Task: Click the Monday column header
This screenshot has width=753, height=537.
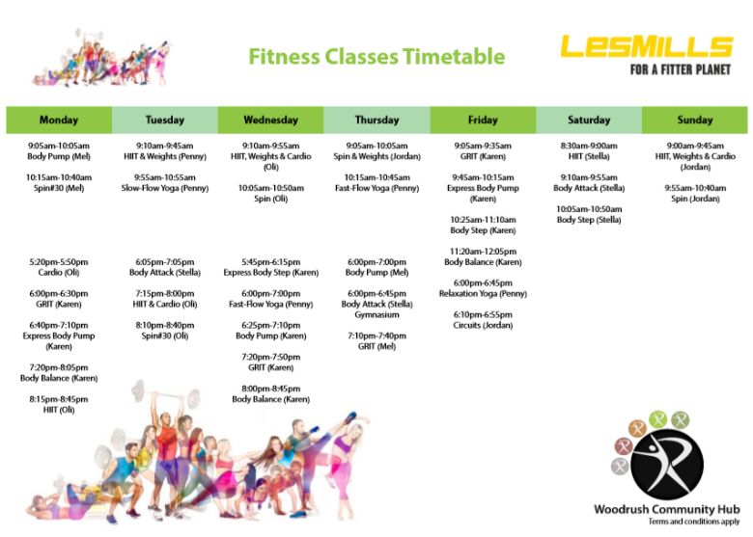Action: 59,120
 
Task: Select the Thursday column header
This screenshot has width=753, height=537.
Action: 376,120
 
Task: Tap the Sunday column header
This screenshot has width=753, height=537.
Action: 695,120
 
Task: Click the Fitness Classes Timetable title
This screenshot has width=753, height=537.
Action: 376,57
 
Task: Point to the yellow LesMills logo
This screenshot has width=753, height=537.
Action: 647,46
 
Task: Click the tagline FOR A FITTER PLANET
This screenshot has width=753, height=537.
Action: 680,70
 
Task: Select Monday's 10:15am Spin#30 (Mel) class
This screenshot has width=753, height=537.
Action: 59,182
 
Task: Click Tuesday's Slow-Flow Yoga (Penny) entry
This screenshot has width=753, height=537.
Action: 165,182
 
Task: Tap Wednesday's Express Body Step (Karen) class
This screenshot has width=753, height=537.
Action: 271,267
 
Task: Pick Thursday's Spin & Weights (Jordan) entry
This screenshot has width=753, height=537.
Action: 376,151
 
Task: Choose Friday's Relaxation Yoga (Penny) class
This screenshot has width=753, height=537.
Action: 483,288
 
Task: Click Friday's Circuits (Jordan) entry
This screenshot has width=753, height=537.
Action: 483,320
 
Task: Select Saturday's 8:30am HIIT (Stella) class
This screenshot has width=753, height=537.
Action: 589,151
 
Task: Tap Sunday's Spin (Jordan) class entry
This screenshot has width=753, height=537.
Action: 695,193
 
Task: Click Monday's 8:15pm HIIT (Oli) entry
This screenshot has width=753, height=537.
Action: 59,404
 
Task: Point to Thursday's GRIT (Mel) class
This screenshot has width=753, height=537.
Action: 376,341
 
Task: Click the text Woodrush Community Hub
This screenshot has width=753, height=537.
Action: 667,509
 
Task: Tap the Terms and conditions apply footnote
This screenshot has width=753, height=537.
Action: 694,522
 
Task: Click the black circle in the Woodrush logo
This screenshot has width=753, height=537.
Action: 667,465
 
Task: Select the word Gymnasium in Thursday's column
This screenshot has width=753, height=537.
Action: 376,314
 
